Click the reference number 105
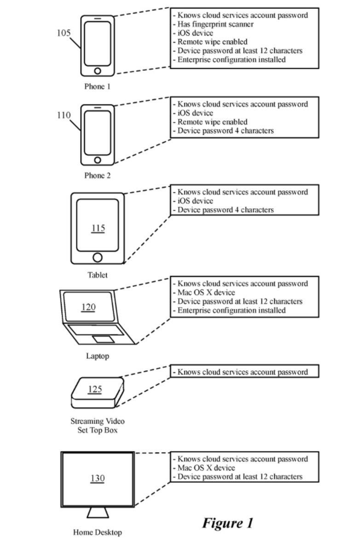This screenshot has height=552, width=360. click(x=64, y=33)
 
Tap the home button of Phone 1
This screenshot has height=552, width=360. click(x=97, y=71)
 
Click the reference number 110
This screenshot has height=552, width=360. click(x=64, y=115)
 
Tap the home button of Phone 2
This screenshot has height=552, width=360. click(x=97, y=160)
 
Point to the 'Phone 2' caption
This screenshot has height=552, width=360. click(x=97, y=175)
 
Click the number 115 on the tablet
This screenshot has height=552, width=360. click(x=98, y=228)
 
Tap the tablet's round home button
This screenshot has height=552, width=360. click(x=98, y=257)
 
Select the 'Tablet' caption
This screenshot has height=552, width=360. click(x=98, y=275)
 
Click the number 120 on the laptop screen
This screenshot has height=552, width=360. click(x=88, y=307)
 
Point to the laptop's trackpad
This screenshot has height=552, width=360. click(x=104, y=339)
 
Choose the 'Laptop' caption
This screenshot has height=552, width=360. click(x=98, y=356)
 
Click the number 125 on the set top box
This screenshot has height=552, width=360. click(x=95, y=389)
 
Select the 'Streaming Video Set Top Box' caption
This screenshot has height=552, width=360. click(x=98, y=425)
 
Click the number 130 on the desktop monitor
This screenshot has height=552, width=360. click(x=98, y=478)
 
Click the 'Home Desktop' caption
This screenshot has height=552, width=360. click(x=98, y=532)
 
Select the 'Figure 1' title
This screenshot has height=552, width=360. click(x=227, y=523)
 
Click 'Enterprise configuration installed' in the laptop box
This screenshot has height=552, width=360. click(x=232, y=310)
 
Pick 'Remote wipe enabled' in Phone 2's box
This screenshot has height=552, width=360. click(x=212, y=122)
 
